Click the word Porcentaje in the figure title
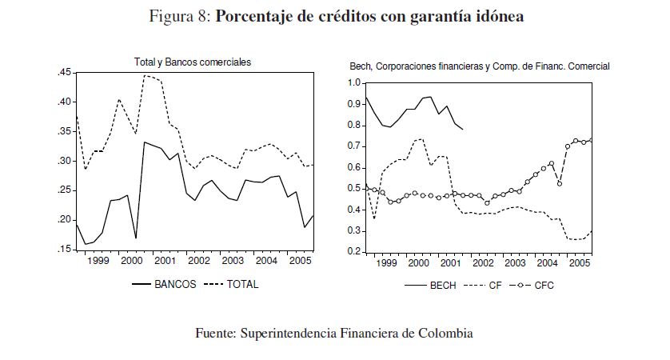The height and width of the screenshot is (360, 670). pyautogui.click(x=255, y=17)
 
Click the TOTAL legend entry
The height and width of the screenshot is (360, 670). pyautogui.click(x=241, y=284)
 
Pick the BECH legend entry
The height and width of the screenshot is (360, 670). pyautogui.click(x=442, y=285)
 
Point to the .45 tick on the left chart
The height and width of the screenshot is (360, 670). pyautogui.click(x=64, y=74)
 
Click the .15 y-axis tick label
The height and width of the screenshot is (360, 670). pyautogui.click(x=64, y=250)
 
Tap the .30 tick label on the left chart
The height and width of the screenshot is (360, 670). pyautogui.click(x=64, y=162)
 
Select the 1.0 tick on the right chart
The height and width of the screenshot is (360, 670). pyautogui.click(x=354, y=83)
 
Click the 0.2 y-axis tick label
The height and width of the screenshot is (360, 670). pyautogui.click(x=354, y=252)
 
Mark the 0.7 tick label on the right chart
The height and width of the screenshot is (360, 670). pyautogui.click(x=354, y=146)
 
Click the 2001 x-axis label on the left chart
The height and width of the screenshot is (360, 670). pyautogui.click(x=165, y=262)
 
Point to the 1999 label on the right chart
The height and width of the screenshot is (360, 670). pyautogui.click(x=385, y=263)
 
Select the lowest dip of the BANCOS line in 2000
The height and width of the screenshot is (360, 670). pyautogui.click(x=136, y=238)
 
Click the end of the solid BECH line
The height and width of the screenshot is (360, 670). pyautogui.click(x=462, y=130)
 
